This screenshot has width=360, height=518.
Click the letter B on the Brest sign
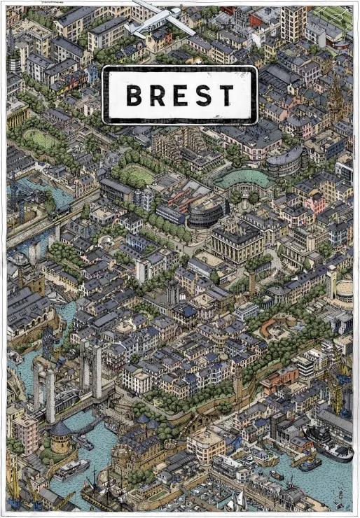tap(136, 94)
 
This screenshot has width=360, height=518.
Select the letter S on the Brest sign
tap(203, 94)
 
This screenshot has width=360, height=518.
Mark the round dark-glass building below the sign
tap(207, 210)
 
